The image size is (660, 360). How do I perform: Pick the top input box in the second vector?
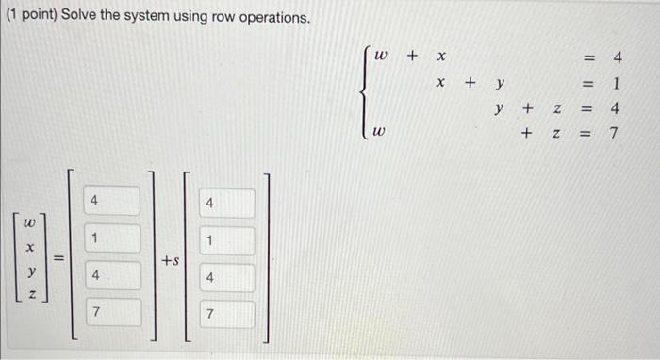coord(225,204)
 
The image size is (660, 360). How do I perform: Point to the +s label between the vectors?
coord(170,258)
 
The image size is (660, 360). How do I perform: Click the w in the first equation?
coord(381,57)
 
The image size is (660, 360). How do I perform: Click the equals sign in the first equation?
coord(586,57)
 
